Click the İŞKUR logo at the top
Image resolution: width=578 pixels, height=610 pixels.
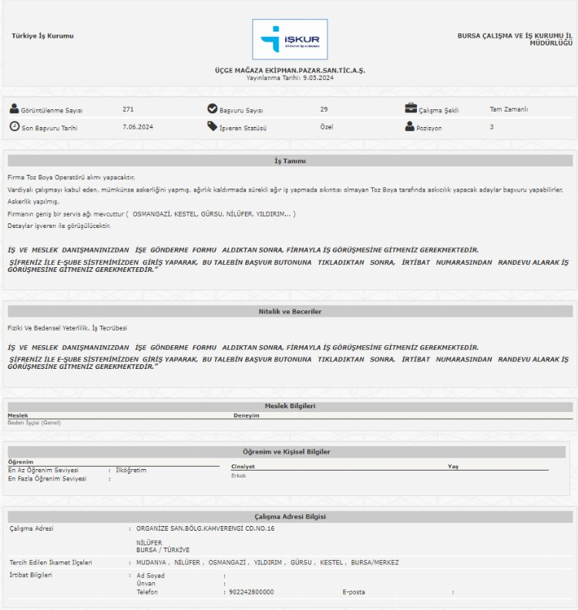[x=290, y=39]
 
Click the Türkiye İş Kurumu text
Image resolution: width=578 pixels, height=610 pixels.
[x=43, y=36]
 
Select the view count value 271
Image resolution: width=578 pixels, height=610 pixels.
[x=128, y=109]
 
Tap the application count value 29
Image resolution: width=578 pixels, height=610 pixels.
[x=324, y=109]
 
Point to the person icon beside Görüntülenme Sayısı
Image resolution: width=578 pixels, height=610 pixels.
[x=14, y=109]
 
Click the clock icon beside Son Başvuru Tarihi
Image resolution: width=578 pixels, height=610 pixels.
[x=14, y=126]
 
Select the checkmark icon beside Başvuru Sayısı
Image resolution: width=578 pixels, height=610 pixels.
[x=212, y=109]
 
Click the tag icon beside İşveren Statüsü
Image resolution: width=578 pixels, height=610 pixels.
[x=212, y=126]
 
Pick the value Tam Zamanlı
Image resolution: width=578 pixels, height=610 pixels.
[x=509, y=109]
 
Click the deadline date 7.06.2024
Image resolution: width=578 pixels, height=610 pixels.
[x=138, y=126]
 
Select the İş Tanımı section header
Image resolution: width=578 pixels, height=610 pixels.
[x=290, y=161]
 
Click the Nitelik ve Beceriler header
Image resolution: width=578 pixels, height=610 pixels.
[x=290, y=311]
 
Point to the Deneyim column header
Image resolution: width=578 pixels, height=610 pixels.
[x=247, y=415]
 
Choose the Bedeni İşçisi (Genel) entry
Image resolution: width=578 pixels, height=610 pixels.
[x=34, y=422]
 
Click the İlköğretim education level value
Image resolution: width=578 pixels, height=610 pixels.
[x=130, y=470]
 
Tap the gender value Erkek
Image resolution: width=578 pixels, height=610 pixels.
[x=238, y=475]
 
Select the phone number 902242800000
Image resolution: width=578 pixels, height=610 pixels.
[x=251, y=592]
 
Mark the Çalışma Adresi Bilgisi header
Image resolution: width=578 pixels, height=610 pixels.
[x=290, y=517]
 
